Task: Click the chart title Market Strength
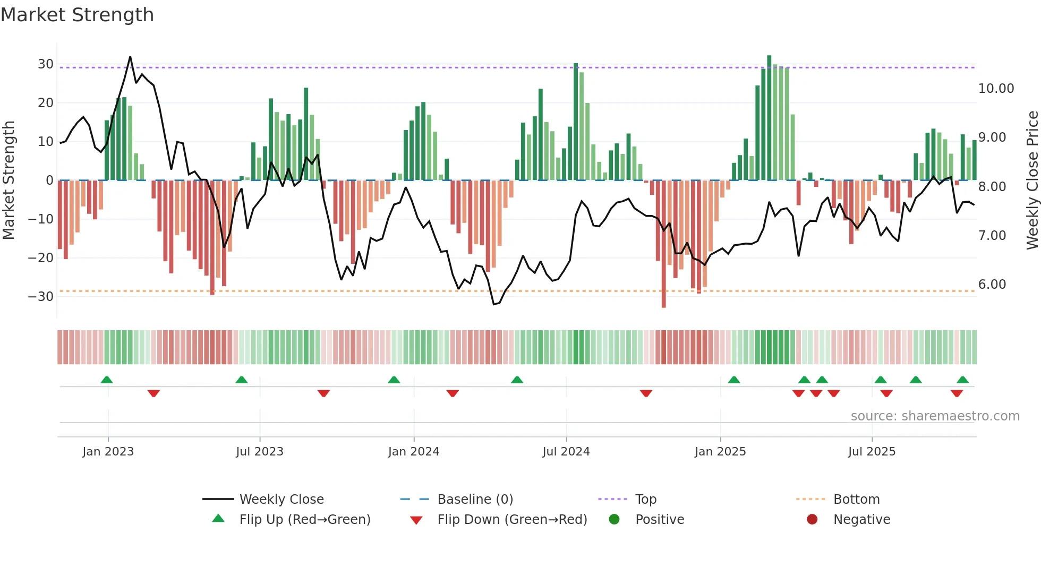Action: [x=77, y=15]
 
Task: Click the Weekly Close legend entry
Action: [x=281, y=500]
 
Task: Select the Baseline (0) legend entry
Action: [x=475, y=500]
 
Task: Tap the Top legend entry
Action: [x=645, y=500]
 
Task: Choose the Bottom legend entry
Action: [x=856, y=500]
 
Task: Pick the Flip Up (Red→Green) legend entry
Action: [x=304, y=520]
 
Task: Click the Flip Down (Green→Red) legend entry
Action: [x=512, y=520]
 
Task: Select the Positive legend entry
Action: [x=659, y=520]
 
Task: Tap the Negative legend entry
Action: [x=861, y=520]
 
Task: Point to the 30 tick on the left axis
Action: [x=46, y=64]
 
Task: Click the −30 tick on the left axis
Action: [x=41, y=297]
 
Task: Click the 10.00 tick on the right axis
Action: [x=996, y=89]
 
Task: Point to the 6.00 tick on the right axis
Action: [x=992, y=285]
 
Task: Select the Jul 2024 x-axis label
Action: [x=566, y=452]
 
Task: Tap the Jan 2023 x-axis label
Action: [x=108, y=452]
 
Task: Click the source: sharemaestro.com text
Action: [x=935, y=416]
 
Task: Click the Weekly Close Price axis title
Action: [x=1032, y=180]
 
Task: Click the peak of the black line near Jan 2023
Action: [x=130, y=57]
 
